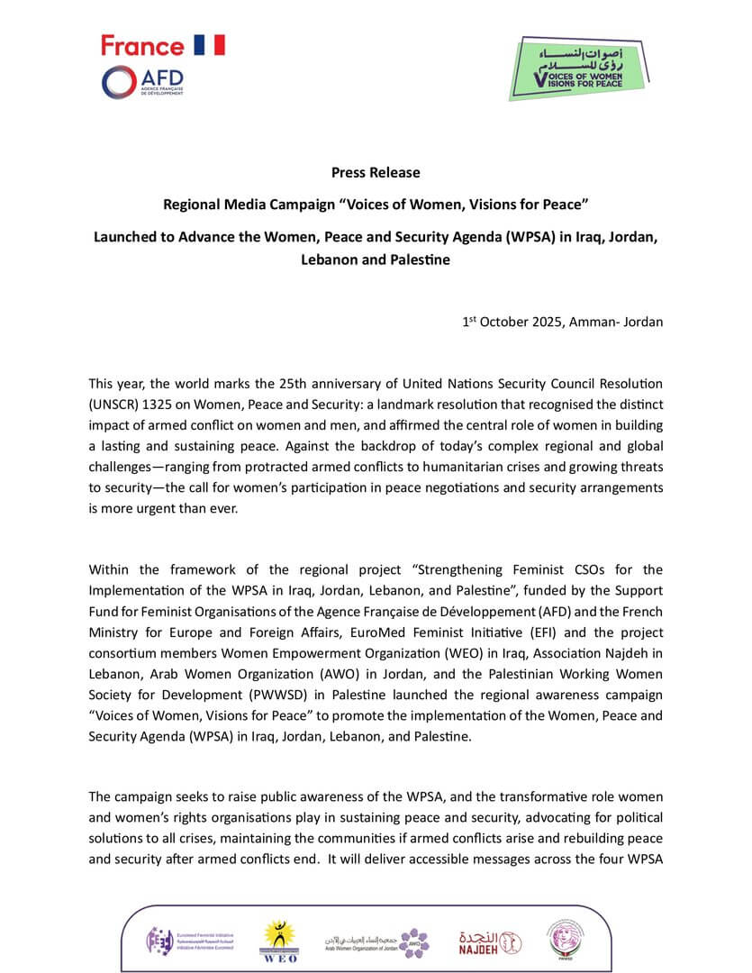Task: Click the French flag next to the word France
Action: click(209, 45)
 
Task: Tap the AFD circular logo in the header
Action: click(119, 82)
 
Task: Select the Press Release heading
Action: click(376, 172)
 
